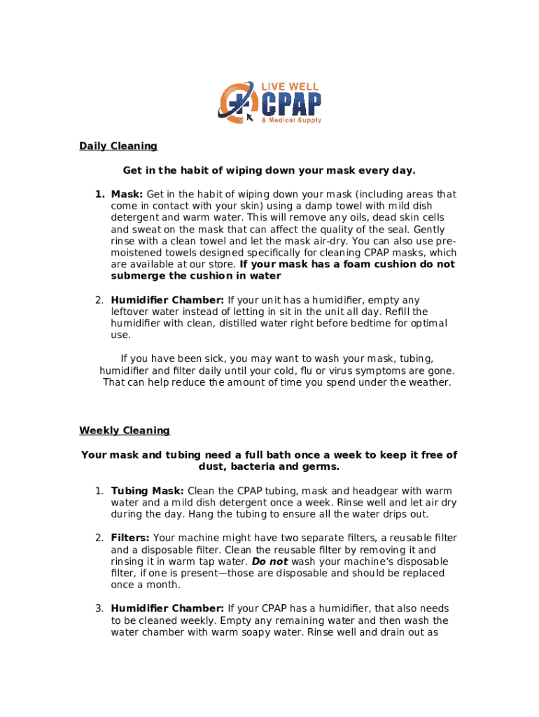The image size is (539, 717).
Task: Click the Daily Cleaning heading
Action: (x=118, y=146)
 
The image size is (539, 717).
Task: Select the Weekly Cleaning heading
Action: (x=124, y=430)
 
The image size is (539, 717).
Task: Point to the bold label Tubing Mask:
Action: (x=148, y=491)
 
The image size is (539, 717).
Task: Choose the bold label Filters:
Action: (x=130, y=538)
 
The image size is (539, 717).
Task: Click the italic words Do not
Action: (x=270, y=562)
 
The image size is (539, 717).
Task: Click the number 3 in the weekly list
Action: (x=99, y=608)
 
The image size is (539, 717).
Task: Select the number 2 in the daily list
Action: (x=99, y=300)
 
